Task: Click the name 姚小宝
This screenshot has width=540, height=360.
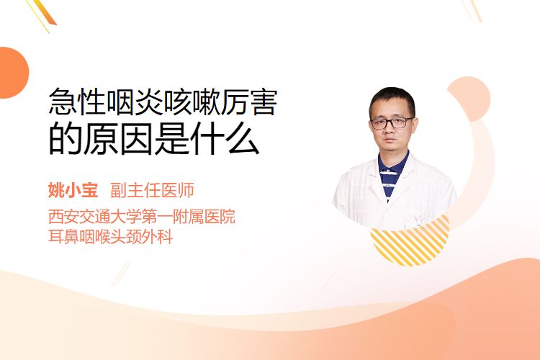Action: (x=73, y=191)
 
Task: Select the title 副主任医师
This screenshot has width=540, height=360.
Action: (x=152, y=191)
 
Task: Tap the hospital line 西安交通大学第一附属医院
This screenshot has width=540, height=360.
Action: (x=142, y=216)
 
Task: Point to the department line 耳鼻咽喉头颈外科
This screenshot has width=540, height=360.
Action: (x=111, y=237)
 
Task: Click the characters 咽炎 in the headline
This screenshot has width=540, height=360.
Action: (x=135, y=102)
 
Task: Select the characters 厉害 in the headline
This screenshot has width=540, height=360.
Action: (x=249, y=102)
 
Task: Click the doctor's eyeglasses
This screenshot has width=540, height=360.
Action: (x=392, y=122)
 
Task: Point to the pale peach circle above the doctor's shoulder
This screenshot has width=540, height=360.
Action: (x=470, y=98)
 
